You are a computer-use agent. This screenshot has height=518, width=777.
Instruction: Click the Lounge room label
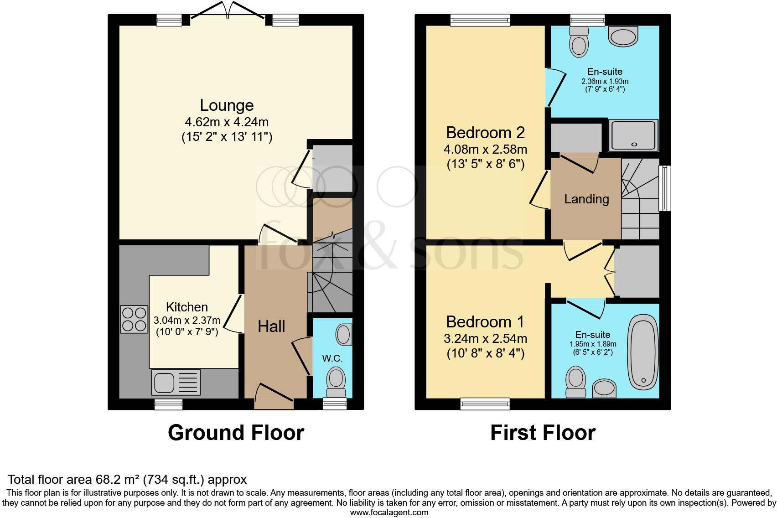pyautogui.click(x=227, y=105)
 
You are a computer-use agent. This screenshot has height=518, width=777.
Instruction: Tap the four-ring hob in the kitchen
pyautogui.click(x=134, y=319)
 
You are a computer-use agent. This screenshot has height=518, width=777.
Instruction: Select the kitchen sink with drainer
pyautogui.click(x=176, y=382)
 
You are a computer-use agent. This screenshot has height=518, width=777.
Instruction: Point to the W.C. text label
pyautogui.click(x=332, y=358)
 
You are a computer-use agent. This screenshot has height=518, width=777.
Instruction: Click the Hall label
pyautogui.click(x=271, y=326)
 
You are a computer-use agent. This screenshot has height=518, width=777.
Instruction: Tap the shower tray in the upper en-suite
pyautogui.click(x=634, y=135)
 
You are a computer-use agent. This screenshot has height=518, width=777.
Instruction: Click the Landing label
pyautogui.click(x=586, y=199)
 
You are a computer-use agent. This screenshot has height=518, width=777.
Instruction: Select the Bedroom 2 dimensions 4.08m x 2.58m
pyautogui.click(x=485, y=149)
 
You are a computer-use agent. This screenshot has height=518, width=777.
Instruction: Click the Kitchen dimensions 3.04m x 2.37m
pyautogui.click(x=187, y=321)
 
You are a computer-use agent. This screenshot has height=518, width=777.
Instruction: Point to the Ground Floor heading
pyautogui.click(x=236, y=432)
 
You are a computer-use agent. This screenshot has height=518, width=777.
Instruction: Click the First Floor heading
pyautogui.click(x=543, y=432)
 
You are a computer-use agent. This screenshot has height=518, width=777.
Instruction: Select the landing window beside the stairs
pyautogui.click(x=665, y=188)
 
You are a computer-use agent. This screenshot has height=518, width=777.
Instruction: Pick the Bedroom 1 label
pyautogui.click(x=485, y=322)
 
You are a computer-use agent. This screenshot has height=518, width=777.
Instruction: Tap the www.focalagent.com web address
pyautogui.click(x=389, y=512)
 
